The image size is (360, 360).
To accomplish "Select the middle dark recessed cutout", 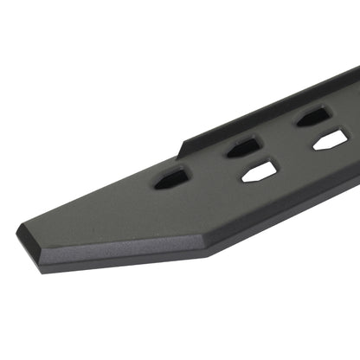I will click(x=244, y=147).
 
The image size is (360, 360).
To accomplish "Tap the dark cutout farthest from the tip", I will click(x=312, y=116).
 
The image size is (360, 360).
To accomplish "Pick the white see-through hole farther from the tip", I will click(x=330, y=138).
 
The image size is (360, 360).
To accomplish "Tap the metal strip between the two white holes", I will click(x=295, y=155).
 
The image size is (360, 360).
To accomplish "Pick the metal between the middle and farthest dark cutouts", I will click(x=279, y=132).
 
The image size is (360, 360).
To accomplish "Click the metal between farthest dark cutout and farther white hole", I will click(x=321, y=127).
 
